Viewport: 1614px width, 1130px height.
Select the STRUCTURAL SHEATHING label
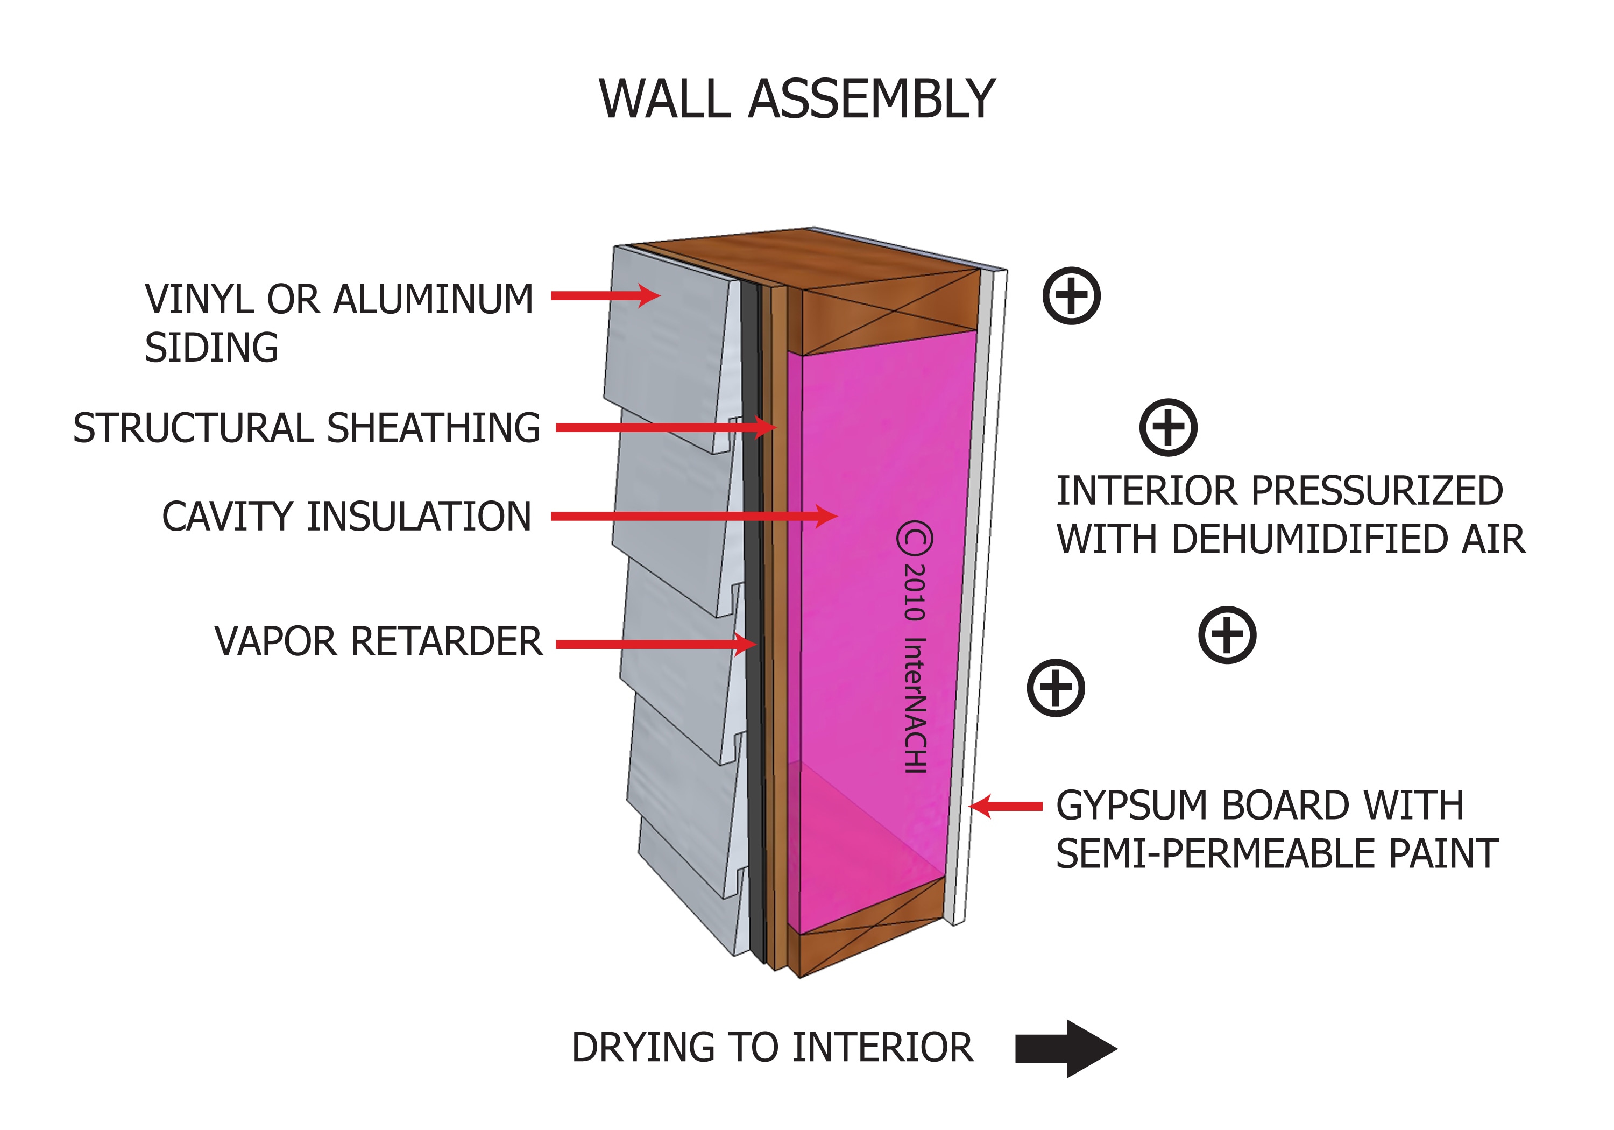coord(307,428)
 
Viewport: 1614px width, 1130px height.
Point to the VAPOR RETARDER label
coord(378,641)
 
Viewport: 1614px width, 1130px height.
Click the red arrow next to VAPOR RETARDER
coord(654,644)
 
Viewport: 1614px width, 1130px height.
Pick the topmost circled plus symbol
coord(1071,295)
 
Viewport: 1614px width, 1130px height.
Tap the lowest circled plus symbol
coord(1056,688)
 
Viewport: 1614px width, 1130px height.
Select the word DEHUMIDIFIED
coord(1311,539)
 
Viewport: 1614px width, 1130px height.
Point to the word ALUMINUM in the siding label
coord(433,300)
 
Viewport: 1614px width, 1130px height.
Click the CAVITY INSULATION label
coord(346,517)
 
